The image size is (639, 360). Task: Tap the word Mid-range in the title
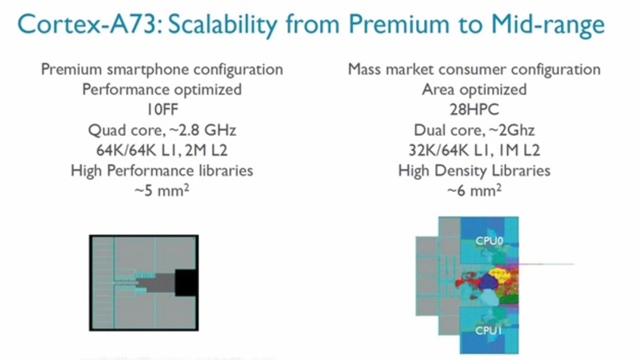[x=548, y=25]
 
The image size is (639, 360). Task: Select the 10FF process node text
[x=162, y=109]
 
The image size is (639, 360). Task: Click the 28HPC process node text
[x=474, y=109]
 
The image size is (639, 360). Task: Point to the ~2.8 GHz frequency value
[x=203, y=130]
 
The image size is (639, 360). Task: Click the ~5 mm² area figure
[x=162, y=191]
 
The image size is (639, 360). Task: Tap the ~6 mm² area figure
[x=474, y=191]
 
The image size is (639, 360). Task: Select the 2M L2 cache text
[x=206, y=150]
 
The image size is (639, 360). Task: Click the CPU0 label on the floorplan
[x=489, y=241]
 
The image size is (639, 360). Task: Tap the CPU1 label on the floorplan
[x=488, y=331]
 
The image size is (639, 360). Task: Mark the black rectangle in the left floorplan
[x=186, y=283]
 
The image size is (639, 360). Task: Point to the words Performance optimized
[x=162, y=90]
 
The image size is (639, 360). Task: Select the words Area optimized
[x=474, y=90]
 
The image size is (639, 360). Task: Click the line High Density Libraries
[x=474, y=171]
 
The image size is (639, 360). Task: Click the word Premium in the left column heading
[x=71, y=69]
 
